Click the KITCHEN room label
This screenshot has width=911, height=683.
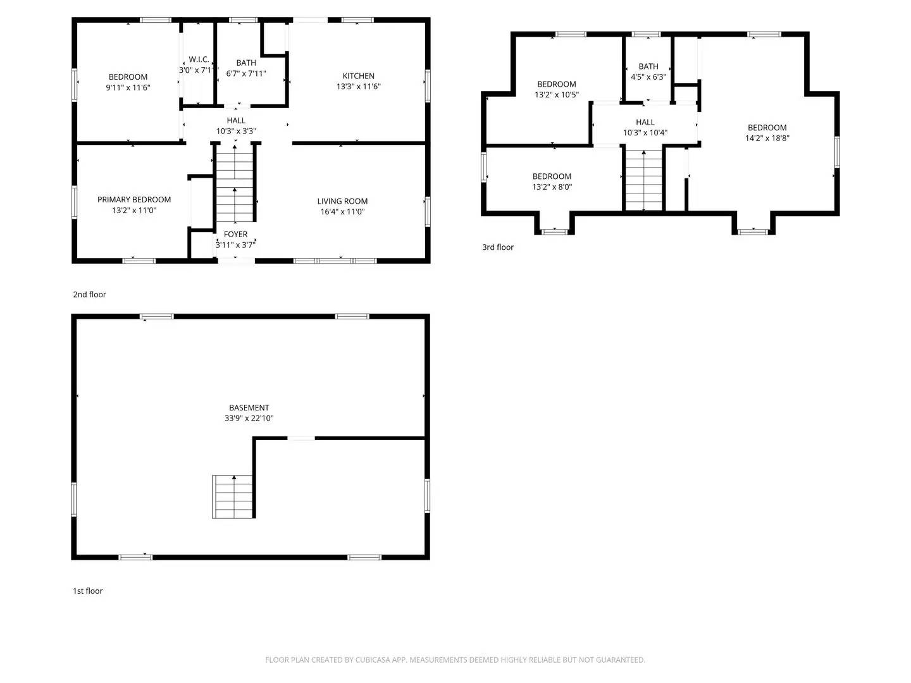(x=359, y=76)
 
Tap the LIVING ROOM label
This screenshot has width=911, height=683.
(x=342, y=201)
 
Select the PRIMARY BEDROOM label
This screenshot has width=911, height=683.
(x=134, y=199)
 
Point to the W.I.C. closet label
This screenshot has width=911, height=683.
(x=199, y=59)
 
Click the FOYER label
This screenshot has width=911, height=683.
(x=235, y=234)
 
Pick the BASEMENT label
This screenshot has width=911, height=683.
(x=249, y=408)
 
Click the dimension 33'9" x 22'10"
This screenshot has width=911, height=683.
(x=249, y=419)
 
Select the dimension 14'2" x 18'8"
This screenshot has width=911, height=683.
(x=767, y=138)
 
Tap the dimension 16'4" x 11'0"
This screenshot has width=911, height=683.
(x=342, y=212)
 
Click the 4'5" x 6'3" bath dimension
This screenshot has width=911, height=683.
(x=648, y=77)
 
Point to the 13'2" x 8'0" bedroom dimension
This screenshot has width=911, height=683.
(x=552, y=187)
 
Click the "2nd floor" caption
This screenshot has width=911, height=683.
(x=89, y=295)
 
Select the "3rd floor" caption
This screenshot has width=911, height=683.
(x=498, y=247)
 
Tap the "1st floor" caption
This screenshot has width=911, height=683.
(x=87, y=591)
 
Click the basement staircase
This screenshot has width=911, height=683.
(x=233, y=496)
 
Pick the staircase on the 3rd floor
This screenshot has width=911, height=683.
(x=644, y=180)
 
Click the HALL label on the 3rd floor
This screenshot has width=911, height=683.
(x=645, y=122)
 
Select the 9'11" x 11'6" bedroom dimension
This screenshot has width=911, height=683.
(x=128, y=88)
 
